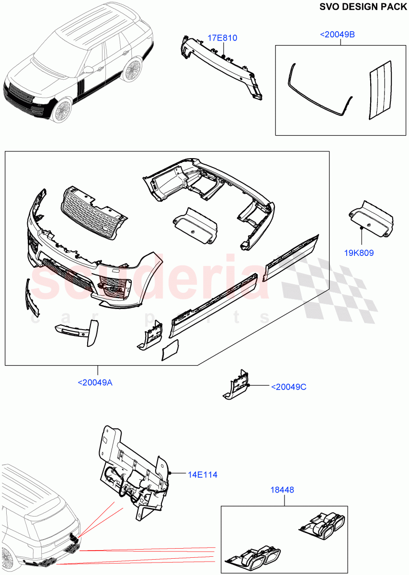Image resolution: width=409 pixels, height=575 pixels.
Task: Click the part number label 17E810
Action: tap(222, 38)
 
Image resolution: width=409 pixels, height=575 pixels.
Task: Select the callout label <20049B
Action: tap(340, 34)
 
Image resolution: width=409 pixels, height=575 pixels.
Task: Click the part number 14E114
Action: tap(202, 474)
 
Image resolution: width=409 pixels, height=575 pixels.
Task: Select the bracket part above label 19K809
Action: tap(371, 218)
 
